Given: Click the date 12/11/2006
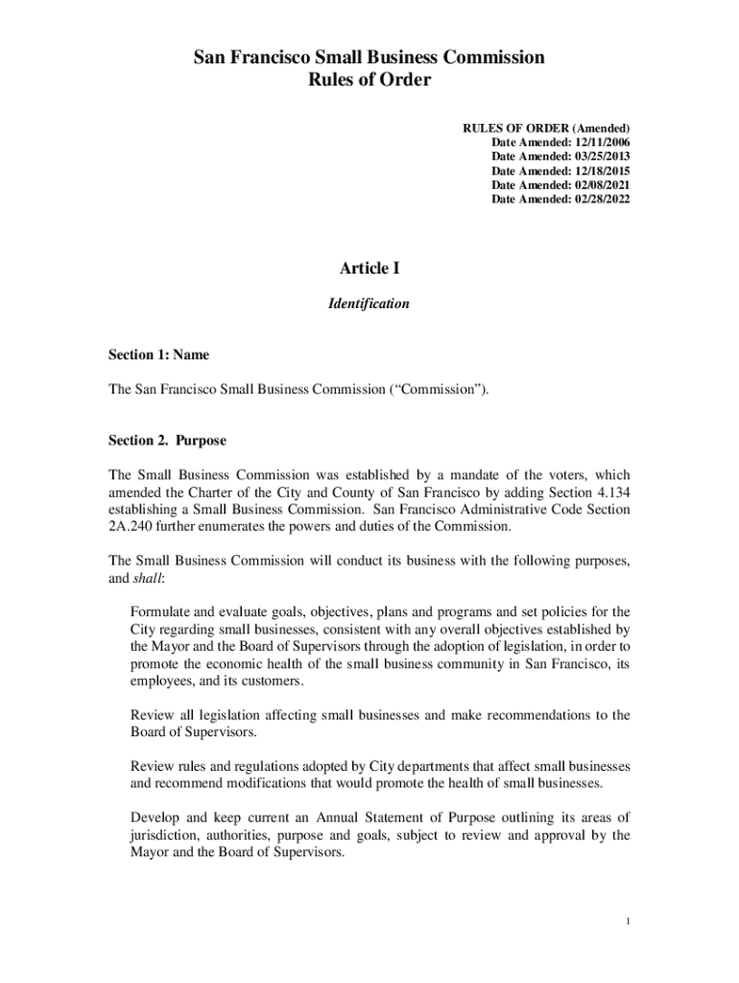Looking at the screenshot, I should (x=599, y=141).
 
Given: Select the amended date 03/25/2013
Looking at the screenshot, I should (x=599, y=156).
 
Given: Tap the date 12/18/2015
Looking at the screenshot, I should (x=599, y=170).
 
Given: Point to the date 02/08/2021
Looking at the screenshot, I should (x=599, y=184).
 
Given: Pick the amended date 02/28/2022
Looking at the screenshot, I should (x=599, y=199).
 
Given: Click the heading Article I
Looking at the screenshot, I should (x=369, y=269).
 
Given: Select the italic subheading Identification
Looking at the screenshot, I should (x=369, y=303).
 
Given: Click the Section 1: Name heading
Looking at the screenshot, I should (x=158, y=355).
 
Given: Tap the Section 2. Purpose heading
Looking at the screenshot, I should (x=167, y=441).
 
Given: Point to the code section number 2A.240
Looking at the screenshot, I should (x=130, y=526).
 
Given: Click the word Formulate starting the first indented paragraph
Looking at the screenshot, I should (x=159, y=612).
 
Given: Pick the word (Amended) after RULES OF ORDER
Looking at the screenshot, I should (x=601, y=127).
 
